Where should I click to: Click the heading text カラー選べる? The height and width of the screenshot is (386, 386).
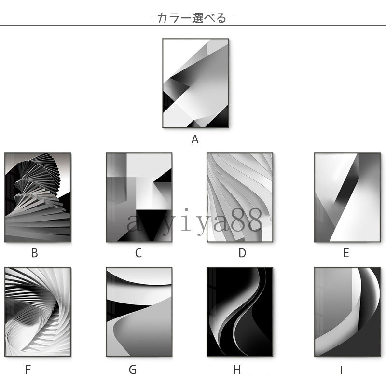(192, 18)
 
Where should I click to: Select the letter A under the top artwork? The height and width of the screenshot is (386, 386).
(195, 139)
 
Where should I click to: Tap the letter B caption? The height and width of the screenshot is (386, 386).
(34, 253)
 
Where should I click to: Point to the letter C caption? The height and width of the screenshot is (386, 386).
(138, 253)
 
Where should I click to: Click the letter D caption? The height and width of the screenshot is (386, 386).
(242, 253)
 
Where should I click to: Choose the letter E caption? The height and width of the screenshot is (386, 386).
(346, 253)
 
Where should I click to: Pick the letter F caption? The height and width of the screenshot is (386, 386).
(28, 370)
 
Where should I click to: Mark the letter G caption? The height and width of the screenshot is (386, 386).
(132, 370)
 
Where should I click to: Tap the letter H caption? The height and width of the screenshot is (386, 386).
(237, 370)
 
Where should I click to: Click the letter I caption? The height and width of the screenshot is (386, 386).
(342, 370)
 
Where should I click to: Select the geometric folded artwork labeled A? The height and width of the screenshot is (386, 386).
(195, 83)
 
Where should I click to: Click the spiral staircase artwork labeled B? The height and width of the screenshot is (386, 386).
(38, 197)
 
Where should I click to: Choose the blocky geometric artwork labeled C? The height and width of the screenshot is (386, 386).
(139, 197)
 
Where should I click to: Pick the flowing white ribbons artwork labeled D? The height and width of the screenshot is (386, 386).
(240, 197)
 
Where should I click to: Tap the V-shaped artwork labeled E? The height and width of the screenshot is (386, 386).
(347, 197)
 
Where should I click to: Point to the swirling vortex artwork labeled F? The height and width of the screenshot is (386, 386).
(38, 312)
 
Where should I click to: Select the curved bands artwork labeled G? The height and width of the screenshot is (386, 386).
(139, 312)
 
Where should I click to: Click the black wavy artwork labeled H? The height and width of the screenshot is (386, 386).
(240, 312)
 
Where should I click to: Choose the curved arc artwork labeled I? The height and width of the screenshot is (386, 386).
(347, 312)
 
